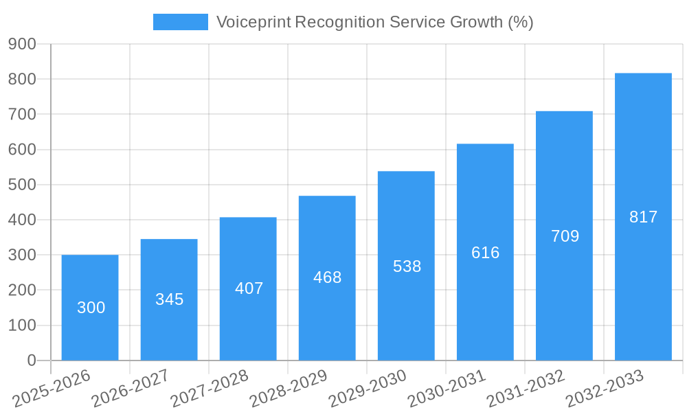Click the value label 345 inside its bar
[169, 299]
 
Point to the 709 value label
[565, 236]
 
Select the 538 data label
[407, 266]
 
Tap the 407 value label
[249, 288]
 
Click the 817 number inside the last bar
[643, 217]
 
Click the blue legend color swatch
[180, 22]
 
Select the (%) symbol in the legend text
[520, 22]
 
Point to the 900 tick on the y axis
[22, 44]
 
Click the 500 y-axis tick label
[22, 185]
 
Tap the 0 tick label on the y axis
[31, 360]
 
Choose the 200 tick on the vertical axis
[22, 290]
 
